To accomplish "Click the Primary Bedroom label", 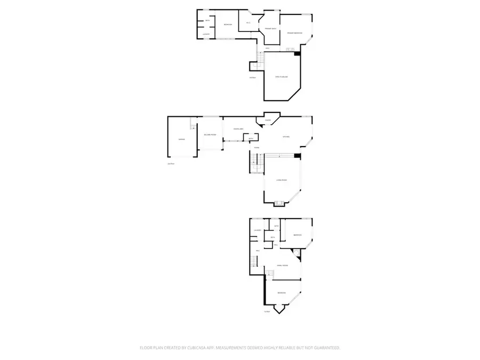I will (294, 33).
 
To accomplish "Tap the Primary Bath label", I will (271, 28).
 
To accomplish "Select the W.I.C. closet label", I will (248, 22).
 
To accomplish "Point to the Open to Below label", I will (282, 77).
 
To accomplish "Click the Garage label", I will (181, 140).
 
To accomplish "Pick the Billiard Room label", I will (210, 134).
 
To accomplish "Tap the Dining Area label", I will (238, 129).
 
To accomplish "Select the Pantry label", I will (268, 121).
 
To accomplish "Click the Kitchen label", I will (286, 137).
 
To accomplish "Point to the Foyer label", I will (257, 147).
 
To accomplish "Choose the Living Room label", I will (282, 180).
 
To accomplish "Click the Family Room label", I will (282, 265).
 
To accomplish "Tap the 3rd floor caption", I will (253, 78).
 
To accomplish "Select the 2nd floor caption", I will (171, 164).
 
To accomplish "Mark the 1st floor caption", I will (266, 312).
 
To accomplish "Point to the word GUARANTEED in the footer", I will (324, 348).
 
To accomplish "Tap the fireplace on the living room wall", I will (278, 203).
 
